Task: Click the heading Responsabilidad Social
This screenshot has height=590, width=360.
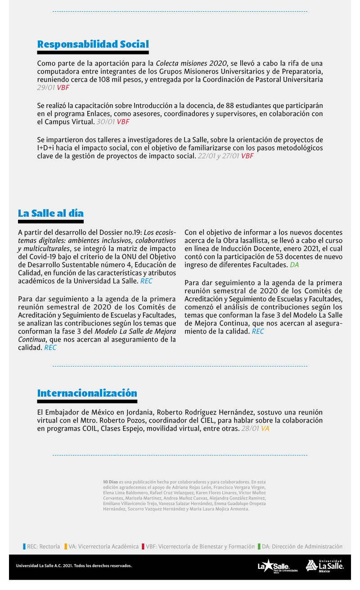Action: (93, 44)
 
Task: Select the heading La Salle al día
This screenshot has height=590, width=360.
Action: (51, 213)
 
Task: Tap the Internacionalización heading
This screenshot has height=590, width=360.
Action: (87, 393)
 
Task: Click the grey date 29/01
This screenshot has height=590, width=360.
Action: (46, 88)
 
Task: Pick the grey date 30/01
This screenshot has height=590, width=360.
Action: (105, 122)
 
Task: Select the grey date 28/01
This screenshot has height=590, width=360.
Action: (250, 429)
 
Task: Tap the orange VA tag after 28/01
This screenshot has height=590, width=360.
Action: (265, 429)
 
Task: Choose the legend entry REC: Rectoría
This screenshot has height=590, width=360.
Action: (41, 547)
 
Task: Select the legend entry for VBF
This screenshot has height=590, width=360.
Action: (198, 547)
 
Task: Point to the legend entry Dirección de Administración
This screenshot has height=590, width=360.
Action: (300, 547)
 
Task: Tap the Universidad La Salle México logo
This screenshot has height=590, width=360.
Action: (324, 566)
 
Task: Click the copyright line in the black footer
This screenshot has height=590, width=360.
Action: (74, 566)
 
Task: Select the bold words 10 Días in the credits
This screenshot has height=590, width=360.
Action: (110, 482)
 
